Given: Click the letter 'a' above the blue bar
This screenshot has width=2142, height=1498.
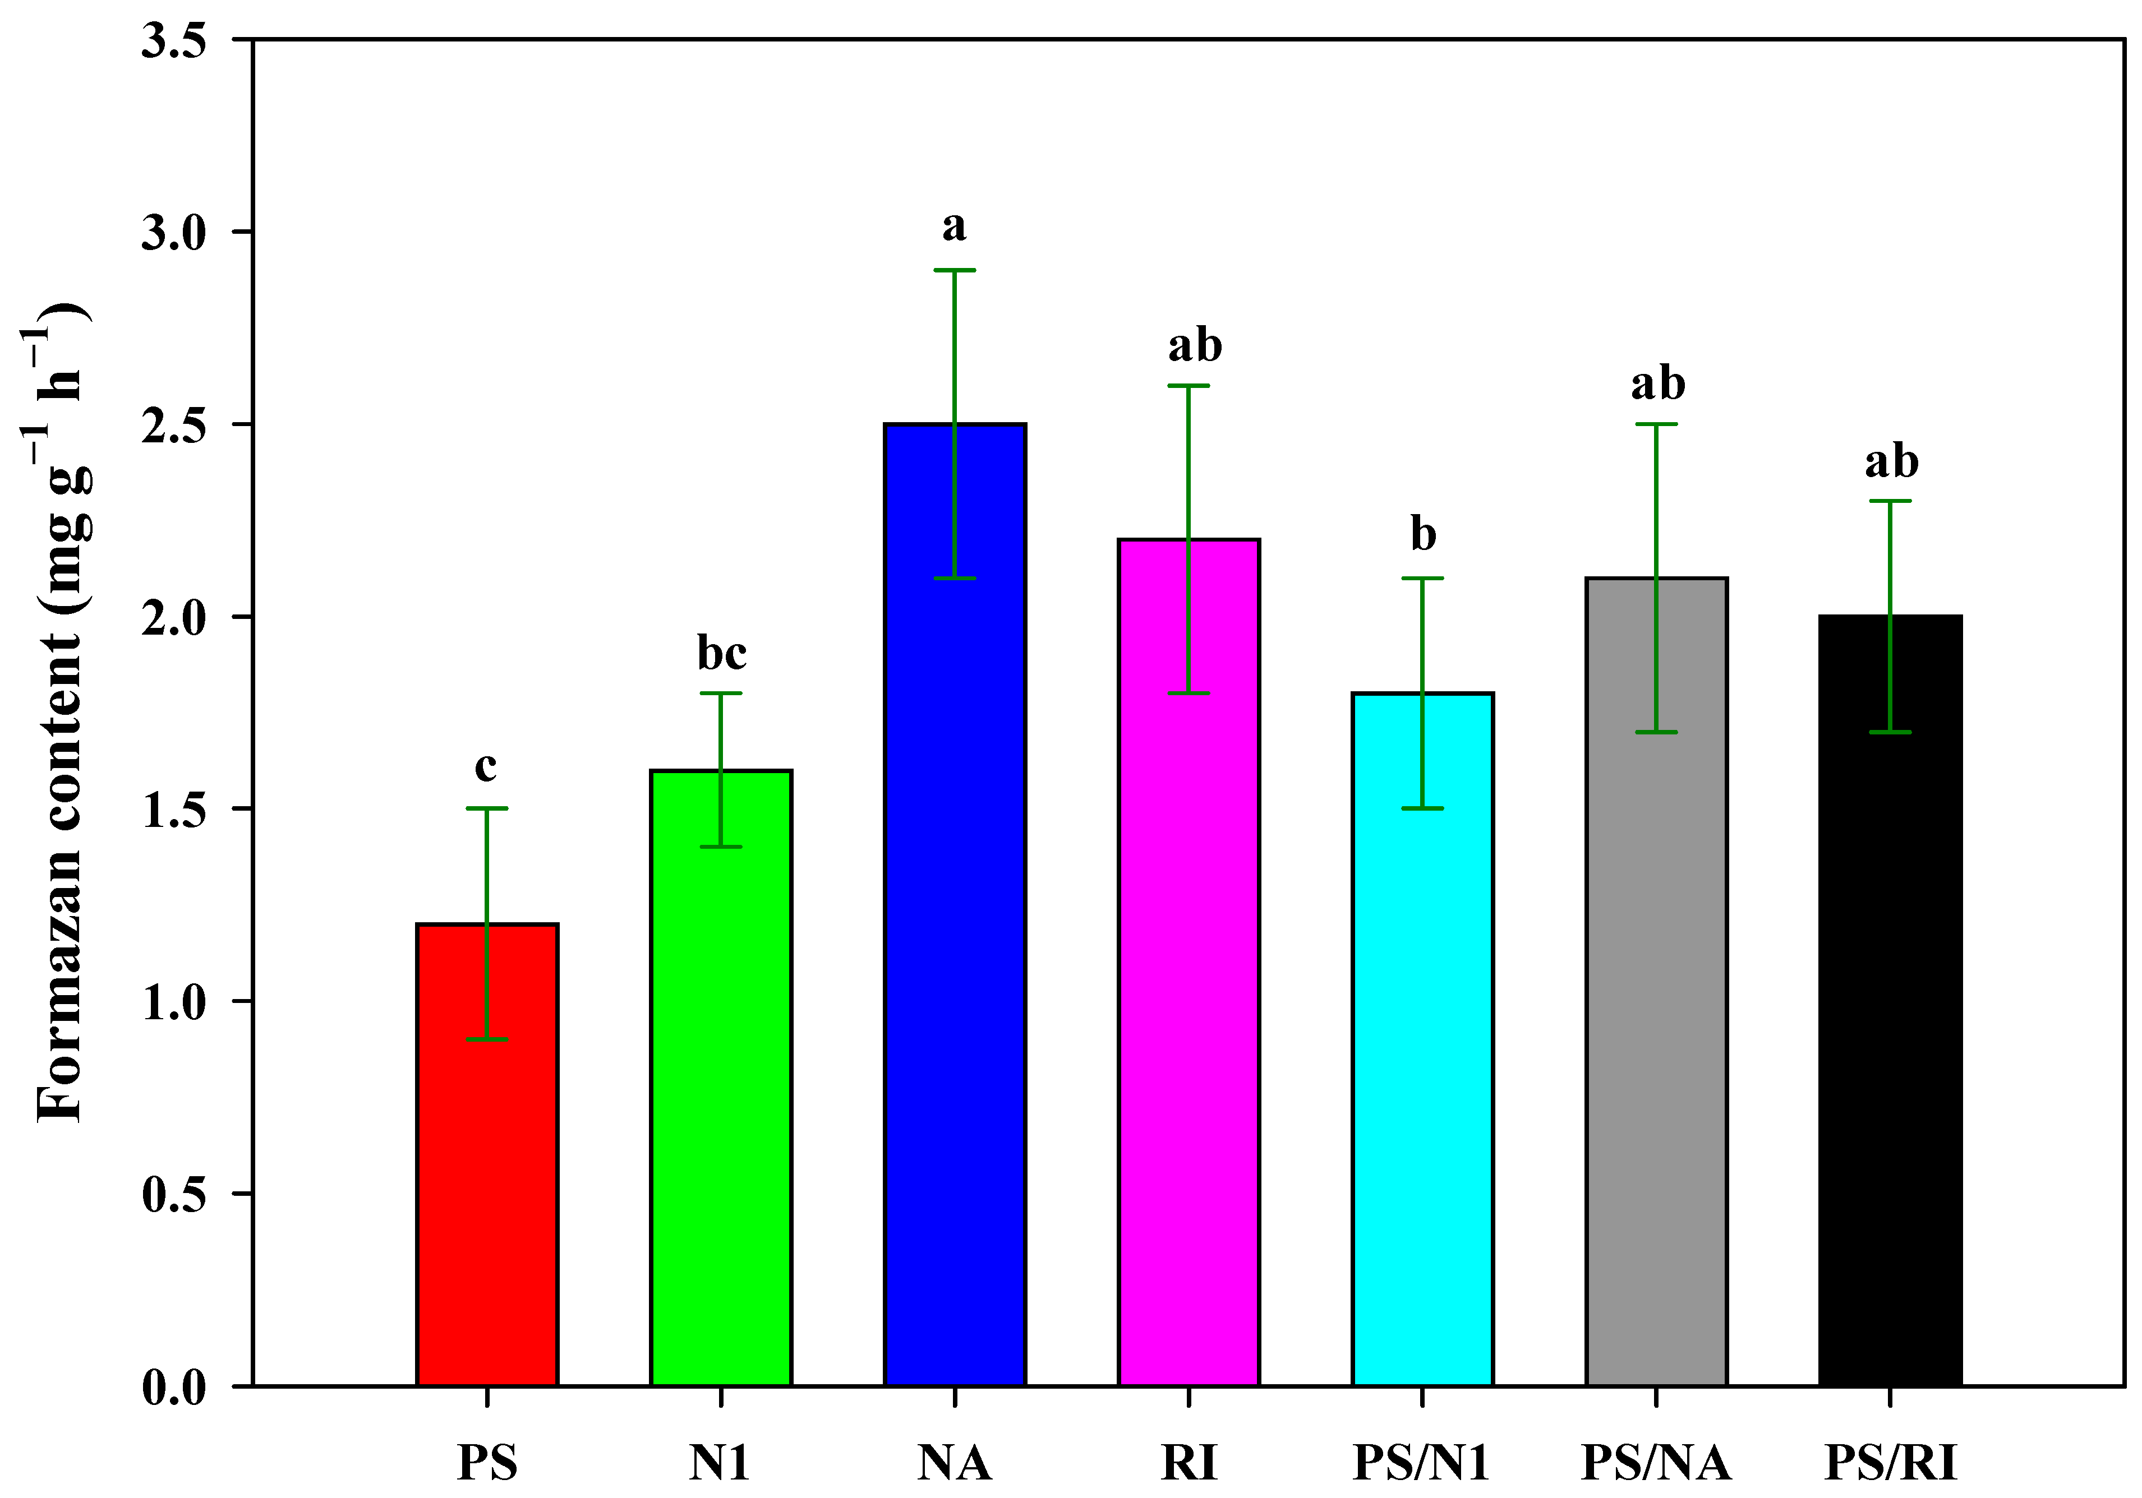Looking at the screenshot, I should [x=953, y=226].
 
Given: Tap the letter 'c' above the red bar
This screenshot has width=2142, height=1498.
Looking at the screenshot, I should [x=485, y=768].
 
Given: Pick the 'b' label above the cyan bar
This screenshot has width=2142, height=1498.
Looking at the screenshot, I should [x=1423, y=534].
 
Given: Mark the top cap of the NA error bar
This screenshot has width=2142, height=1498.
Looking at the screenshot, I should [x=955, y=270].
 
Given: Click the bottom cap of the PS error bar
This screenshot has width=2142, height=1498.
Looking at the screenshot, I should [x=487, y=1039].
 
